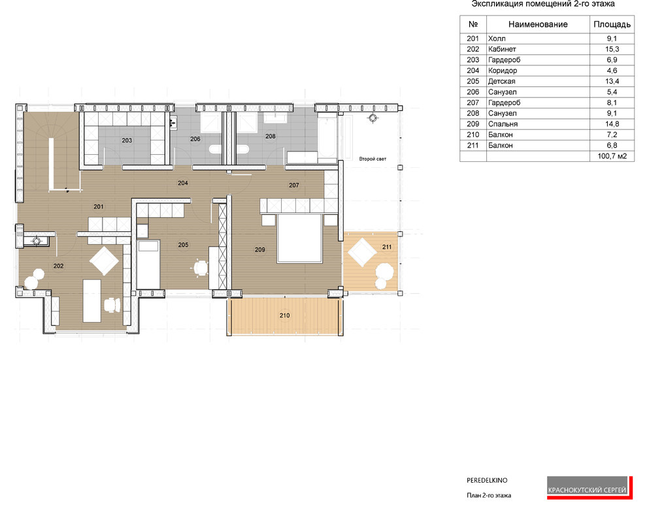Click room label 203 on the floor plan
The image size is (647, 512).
click(x=127, y=140)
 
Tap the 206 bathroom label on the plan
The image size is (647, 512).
click(x=195, y=139)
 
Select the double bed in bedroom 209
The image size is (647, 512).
click(x=300, y=238)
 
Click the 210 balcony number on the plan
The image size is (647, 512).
click(x=285, y=315)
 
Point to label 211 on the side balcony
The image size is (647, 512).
click(x=387, y=247)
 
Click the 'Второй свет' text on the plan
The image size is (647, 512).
click(x=373, y=159)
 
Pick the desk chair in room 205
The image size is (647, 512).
click(x=201, y=268)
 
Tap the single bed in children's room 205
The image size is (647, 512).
click(x=148, y=264)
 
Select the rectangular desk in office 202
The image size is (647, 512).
click(x=92, y=300)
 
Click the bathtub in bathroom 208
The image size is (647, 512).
click(x=327, y=137)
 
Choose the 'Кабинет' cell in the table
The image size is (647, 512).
click(x=502, y=49)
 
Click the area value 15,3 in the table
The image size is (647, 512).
click(x=612, y=49)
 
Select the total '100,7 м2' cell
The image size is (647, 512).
click(x=612, y=156)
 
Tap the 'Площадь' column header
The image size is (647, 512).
click(x=612, y=24)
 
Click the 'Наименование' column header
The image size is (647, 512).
click(x=538, y=24)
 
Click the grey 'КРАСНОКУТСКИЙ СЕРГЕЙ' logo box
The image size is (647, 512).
click(x=587, y=487)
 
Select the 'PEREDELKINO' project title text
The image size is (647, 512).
click(x=487, y=480)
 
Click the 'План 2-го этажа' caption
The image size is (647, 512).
click(x=489, y=496)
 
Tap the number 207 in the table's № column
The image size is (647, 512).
click(x=473, y=103)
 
